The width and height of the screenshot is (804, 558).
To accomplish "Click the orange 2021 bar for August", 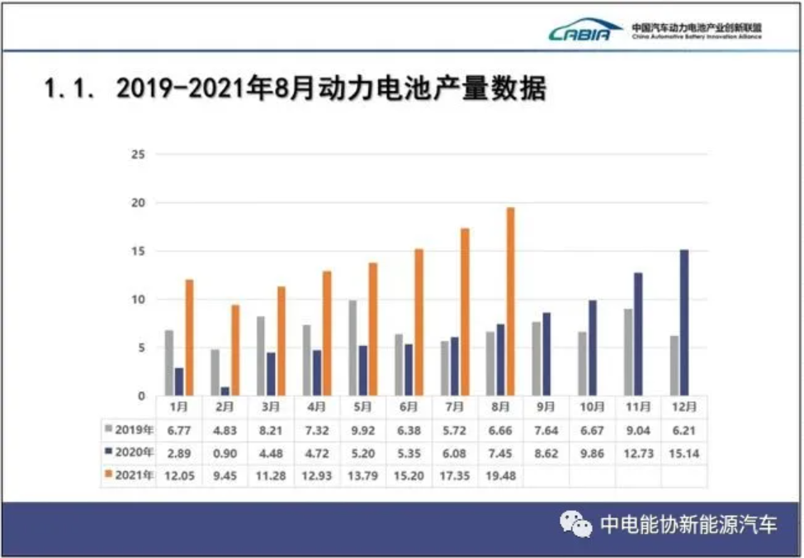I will click(x=510, y=301).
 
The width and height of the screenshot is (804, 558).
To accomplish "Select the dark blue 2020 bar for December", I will click(x=683, y=323).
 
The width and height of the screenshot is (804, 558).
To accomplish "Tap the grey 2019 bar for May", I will click(x=353, y=348).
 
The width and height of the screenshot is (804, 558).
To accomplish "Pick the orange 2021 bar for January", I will click(x=189, y=338).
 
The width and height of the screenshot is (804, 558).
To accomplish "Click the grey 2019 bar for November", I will click(x=628, y=352).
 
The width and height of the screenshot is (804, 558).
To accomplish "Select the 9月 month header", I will click(x=546, y=406).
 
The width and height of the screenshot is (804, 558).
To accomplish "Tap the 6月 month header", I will click(x=408, y=406).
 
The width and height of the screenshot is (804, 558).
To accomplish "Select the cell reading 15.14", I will click(x=684, y=452).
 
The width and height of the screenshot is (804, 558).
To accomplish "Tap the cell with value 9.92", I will click(x=362, y=429).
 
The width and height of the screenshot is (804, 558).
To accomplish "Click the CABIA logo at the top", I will click(x=584, y=31).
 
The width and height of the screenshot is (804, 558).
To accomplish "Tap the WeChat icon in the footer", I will click(x=575, y=524).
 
